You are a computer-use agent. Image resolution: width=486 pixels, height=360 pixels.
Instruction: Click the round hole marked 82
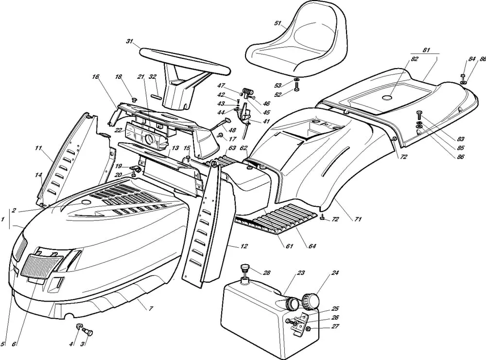(x=387, y=98)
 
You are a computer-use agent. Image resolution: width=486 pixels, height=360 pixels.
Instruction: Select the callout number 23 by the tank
(x=301, y=273)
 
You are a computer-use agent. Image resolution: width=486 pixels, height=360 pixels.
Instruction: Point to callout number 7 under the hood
(x=151, y=308)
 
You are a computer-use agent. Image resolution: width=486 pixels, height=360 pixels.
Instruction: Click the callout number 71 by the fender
(x=358, y=219)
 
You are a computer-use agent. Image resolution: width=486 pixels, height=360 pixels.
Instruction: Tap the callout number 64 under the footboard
(x=312, y=246)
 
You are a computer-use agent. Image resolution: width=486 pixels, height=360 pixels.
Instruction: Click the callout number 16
(x=95, y=77)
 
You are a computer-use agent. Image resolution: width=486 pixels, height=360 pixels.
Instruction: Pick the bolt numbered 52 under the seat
(x=296, y=89)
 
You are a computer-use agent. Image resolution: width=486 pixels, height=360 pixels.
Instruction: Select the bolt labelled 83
(x=419, y=115)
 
